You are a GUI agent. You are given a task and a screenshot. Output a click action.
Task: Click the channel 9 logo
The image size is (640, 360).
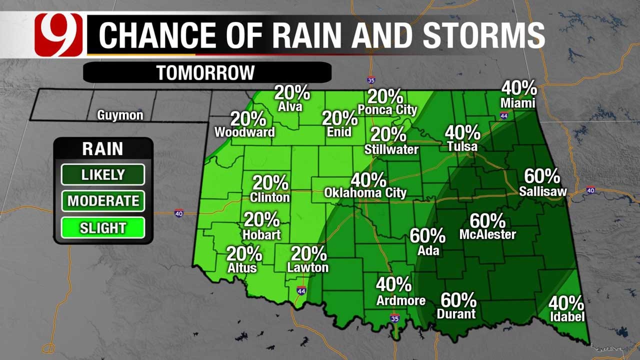tap(58, 34)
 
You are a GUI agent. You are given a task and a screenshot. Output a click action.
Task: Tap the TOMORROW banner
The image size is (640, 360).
tap(206, 72)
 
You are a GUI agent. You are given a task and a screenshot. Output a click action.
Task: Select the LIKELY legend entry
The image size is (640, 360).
tap(103, 174)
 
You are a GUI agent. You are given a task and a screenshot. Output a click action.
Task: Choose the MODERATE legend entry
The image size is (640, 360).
tap(103, 201)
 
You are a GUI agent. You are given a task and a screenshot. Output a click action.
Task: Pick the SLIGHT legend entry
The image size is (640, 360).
tap(103, 228)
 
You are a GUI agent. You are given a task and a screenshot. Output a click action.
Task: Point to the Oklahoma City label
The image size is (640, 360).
tap(365, 192)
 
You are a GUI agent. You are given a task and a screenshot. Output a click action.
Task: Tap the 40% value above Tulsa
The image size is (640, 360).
tap(462, 133)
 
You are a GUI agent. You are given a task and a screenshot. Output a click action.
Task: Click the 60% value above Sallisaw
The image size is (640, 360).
tap(542, 176)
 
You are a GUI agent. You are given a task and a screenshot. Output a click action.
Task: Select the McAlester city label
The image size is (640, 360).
tap(487, 234)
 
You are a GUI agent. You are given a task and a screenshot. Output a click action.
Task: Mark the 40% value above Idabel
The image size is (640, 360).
tap(566, 303)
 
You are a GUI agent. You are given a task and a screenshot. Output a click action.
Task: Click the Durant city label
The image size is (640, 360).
tap(456, 314)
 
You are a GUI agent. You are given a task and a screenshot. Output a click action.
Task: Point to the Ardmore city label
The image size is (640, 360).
tap(401, 300)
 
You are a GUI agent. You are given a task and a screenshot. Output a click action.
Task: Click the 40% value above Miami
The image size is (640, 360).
tap(519, 89)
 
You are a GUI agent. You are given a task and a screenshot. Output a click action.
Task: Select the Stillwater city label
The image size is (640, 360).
tap(391, 149)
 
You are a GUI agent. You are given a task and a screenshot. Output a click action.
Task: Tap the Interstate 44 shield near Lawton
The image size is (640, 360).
tap(301, 290)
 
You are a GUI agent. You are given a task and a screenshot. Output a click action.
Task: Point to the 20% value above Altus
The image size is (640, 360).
tap(244, 254)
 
